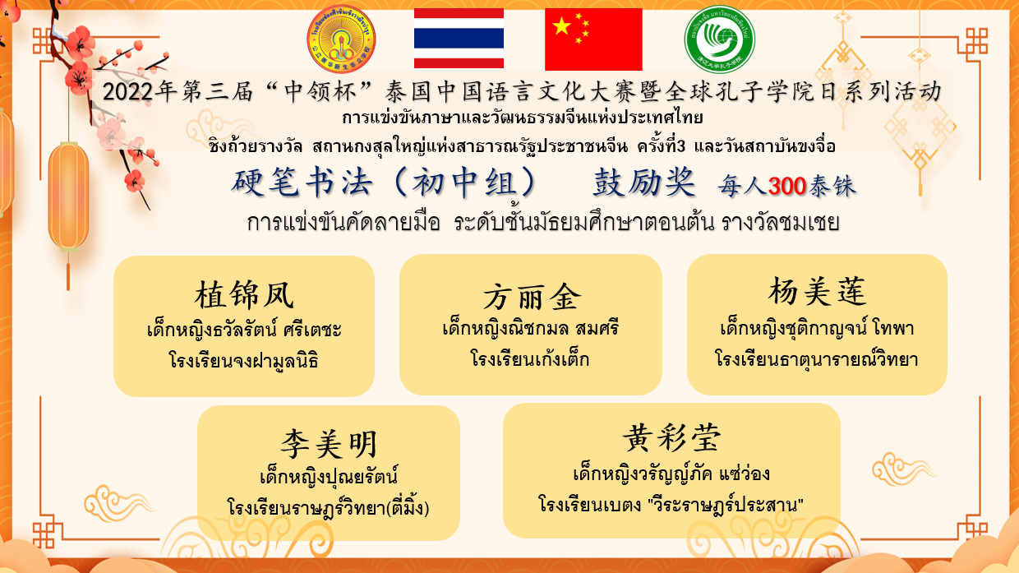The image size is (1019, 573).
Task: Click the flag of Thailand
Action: click(459, 39)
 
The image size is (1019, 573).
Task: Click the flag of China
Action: click(593, 39)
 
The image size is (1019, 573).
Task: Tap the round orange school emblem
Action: click(341, 39)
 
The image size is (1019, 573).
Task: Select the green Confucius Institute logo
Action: click(720, 39)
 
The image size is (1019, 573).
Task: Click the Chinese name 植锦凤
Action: click(244, 295)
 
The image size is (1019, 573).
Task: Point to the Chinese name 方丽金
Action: click(532, 298)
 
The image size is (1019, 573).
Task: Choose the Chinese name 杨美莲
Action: click(817, 291)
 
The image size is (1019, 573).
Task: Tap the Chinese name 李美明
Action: click(329, 444)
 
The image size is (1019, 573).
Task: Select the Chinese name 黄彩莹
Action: click(671, 438)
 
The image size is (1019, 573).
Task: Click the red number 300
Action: click(787, 186)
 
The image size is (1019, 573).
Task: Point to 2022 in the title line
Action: click(127, 92)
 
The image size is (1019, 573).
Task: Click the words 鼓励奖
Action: click(643, 183)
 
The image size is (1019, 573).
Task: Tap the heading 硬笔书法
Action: click(302, 183)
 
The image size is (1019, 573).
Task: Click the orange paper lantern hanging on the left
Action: click(68, 196)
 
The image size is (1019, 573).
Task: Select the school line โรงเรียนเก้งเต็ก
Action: click(530, 359)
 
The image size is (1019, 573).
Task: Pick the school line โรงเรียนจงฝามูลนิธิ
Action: click(243, 360)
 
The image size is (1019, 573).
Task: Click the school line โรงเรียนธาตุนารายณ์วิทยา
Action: click(817, 358)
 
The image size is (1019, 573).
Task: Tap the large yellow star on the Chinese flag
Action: click(562, 26)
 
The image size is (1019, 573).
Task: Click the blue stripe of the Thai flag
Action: click(459, 39)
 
